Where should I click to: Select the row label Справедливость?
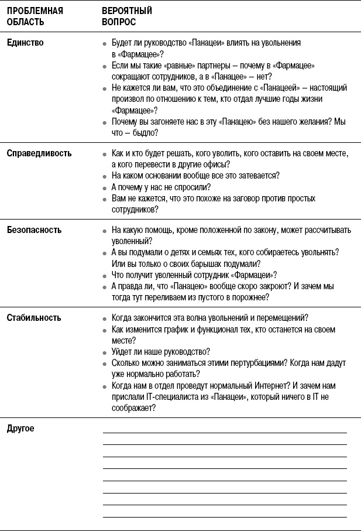click(x=39, y=153)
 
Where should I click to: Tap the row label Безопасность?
click(x=34, y=230)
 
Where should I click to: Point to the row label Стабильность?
click(x=34, y=318)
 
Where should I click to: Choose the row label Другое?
click(x=20, y=429)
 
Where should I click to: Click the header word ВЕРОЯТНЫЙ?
click(x=127, y=11)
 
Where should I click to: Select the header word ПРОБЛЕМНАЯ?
click(x=35, y=11)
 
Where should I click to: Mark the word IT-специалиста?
click(x=171, y=396)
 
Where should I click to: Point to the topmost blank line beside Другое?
click(x=225, y=432)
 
